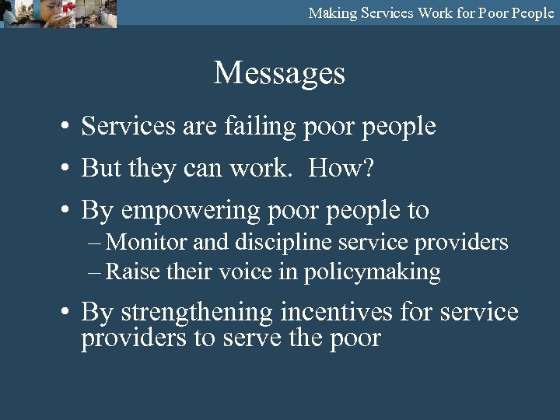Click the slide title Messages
279,73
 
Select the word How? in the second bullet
341,168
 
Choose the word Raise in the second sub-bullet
129,272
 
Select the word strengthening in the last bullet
197,313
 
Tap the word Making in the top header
333,12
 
